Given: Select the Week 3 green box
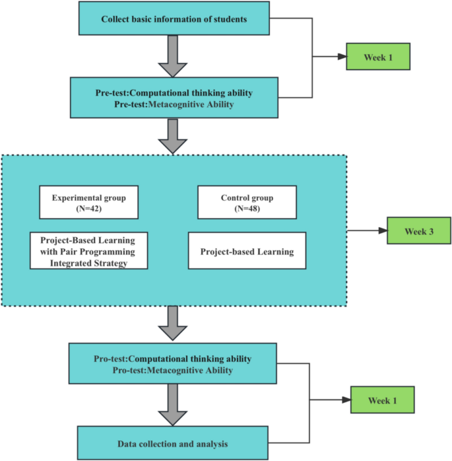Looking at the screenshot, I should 418,231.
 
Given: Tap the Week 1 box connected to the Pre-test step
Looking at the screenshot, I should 379,57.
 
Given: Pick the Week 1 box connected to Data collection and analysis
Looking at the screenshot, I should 383,400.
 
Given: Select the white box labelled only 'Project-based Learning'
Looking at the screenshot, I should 247,251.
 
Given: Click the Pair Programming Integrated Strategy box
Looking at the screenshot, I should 88,250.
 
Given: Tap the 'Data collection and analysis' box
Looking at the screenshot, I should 173,444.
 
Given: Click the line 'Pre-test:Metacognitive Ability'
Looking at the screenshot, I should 174,104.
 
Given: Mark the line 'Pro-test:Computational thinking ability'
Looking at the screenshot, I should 173,359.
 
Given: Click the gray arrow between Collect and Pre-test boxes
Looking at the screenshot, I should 174,56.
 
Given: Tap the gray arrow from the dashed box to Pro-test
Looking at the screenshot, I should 174,324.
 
